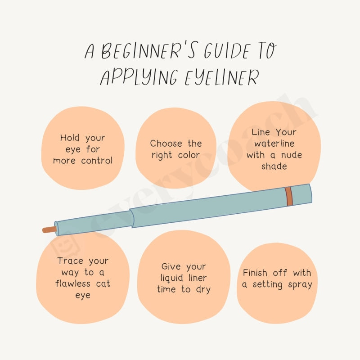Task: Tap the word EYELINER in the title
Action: pos(222,77)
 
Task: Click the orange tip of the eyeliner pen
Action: pos(49,229)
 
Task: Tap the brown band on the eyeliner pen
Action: pos(288,196)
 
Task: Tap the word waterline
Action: pos(274,144)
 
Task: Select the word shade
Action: pos(274,166)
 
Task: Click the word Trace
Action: pos(70,261)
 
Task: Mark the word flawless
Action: pos(73,284)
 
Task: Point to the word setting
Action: pos(266,284)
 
